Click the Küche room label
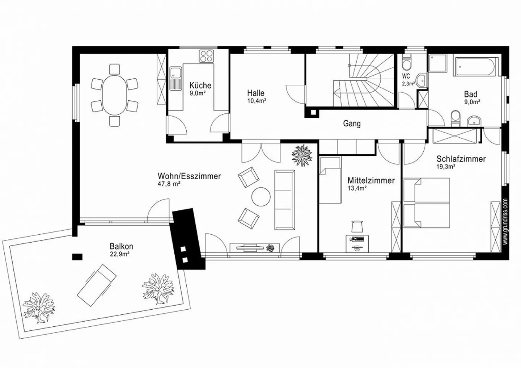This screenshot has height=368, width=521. point(200,85)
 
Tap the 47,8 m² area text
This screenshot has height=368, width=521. point(169,184)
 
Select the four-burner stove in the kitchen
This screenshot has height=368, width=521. point(206,56)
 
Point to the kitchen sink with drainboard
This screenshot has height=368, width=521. point(176,79)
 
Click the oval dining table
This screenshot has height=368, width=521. point(114,95)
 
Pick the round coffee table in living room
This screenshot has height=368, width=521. point(261,197)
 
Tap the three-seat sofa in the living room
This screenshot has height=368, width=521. point(285,200)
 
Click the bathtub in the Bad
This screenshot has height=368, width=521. point(476,67)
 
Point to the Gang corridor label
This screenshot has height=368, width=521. point(352,124)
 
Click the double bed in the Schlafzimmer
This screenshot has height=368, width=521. point(426,202)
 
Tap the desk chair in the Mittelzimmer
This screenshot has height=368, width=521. point(357,226)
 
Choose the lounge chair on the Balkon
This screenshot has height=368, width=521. point(97,285)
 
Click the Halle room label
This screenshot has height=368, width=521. point(255,93)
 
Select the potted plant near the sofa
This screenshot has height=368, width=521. point(302,155)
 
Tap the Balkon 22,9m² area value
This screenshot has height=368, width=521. point(119,254)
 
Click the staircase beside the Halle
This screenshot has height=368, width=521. point(364,80)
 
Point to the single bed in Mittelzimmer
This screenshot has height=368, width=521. point(330,180)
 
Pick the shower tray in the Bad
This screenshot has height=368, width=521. point(438,63)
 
